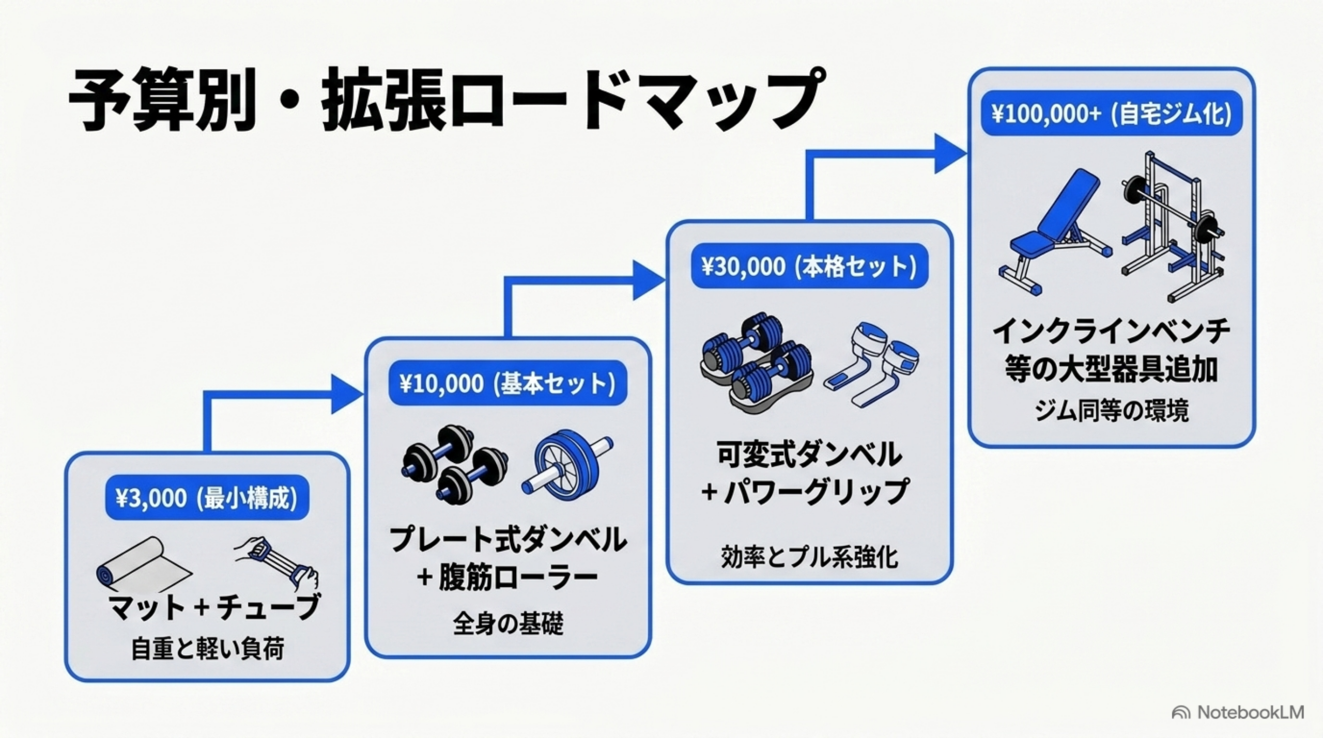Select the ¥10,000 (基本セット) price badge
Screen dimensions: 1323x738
[507, 383]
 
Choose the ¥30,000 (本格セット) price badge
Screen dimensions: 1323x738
[809, 266]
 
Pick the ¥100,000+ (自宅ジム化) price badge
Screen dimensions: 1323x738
[1111, 114]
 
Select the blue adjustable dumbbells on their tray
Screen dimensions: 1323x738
[756, 359]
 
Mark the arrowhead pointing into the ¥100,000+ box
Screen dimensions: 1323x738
[951, 153]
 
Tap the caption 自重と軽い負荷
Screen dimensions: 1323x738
[207, 649]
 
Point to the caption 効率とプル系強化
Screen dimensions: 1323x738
[809, 557]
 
